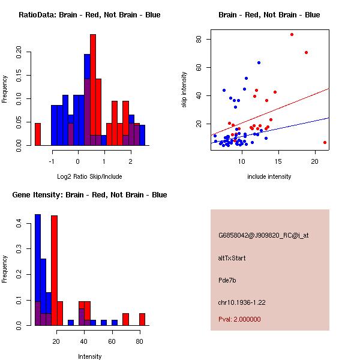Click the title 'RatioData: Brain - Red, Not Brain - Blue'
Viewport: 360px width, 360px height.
(89, 15)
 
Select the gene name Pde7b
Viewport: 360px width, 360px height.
(227, 280)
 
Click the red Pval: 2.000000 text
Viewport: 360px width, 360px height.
(239, 319)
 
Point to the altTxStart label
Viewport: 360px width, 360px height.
(232, 258)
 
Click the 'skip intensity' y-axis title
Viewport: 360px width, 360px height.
(185, 90)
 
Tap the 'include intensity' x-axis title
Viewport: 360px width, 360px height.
(269, 176)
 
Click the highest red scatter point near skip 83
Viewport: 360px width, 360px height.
(292, 34)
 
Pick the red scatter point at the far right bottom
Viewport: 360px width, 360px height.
(325, 143)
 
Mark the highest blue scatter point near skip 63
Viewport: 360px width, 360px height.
(259, 62)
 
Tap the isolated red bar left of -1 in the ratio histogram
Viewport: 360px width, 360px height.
(37, 134)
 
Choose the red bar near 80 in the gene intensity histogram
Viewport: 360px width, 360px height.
(142, 319)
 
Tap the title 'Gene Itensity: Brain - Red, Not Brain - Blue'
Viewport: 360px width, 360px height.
(89, 195)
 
